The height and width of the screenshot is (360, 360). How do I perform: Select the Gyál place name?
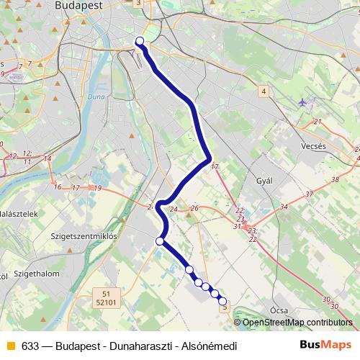(x=264, y=181)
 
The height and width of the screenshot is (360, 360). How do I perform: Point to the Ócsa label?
(x=280, y=310)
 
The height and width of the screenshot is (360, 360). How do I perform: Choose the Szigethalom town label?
(x=35, y=274)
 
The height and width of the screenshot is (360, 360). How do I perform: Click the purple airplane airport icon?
(x=302, y=102)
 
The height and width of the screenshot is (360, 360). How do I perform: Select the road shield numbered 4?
(x=264, y=91)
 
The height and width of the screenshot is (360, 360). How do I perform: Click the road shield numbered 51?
(x=106, y=294)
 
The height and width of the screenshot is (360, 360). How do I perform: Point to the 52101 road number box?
(x=106, y=303)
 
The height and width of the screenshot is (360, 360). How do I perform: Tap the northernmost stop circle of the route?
(x=140, y=41)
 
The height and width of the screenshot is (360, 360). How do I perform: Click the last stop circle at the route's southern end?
(x=222, y=301)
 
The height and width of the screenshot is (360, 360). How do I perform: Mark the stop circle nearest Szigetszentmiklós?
(x=160, y=241)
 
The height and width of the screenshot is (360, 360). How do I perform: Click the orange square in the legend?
(x=11, y=346)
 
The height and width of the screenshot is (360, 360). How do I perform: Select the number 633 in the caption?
(x=30, y=346)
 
